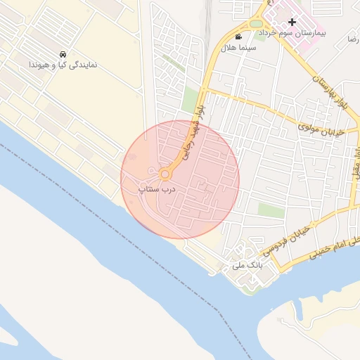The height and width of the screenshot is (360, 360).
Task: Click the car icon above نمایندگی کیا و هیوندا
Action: tap(63, 54)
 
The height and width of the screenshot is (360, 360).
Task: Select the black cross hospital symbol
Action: tap(292, 22)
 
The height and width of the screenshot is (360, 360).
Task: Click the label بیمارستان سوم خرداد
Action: tap(288, 33)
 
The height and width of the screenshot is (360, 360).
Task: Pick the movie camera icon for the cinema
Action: tap(238, 37)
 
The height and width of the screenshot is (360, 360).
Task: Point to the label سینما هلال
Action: tap(238, 47)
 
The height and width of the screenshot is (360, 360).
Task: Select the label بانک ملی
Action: tap(246, 267)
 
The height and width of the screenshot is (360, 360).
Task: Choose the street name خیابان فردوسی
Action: tap(285, 240)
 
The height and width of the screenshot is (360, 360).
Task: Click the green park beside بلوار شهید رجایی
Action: tap(190, 98)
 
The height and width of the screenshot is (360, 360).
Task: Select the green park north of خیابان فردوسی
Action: tap(266, 210)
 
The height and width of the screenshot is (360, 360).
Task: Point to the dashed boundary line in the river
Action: tap(84, 190)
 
